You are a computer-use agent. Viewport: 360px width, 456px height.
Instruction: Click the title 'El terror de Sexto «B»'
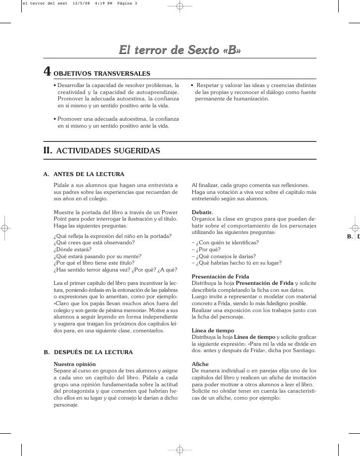pos(180,50)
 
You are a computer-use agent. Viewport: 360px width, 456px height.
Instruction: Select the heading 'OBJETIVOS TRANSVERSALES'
pos(101,74)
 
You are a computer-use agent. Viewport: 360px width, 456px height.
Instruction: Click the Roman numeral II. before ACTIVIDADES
pos(48,149)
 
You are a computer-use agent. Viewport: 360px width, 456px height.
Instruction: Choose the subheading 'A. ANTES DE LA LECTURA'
pos(84,174)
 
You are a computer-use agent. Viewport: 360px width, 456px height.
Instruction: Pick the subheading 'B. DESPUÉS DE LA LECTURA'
pos(88,352)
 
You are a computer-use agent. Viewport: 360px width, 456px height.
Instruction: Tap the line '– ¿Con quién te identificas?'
pos(225,242)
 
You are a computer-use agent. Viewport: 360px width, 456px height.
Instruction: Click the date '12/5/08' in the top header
pos(81,3)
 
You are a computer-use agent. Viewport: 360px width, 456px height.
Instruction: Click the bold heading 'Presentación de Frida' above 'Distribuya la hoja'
pos(220,276)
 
